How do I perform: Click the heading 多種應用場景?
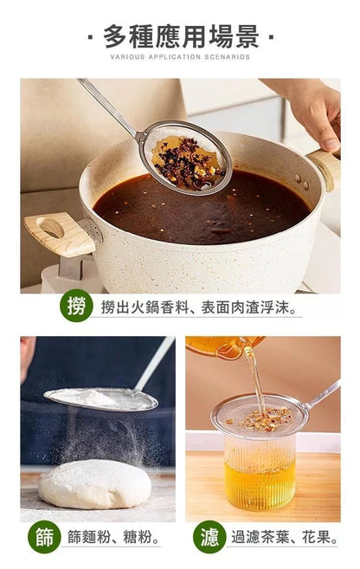pos(181,36)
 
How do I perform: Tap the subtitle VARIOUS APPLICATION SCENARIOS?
pos(180,57)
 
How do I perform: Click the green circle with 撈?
pos(76,306)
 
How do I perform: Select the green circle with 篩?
pos(44,537)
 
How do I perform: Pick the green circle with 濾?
pos(209,537)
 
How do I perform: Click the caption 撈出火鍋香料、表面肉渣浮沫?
pos(198,307)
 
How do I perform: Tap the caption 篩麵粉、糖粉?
pos(113,537)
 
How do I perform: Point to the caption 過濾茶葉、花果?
pos(284,537)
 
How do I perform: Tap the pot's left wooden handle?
pos(60,233)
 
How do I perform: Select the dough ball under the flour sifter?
pos(95,484)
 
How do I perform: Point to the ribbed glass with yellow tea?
pos(260,472)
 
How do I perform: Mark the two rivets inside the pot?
pos(302,182)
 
